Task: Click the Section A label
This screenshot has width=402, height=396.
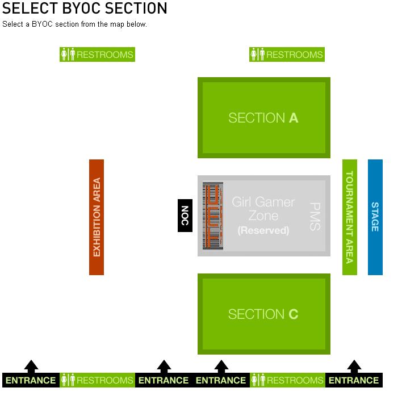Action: [x=263, y=118]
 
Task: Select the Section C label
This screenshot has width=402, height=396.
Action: [x=263, y=314]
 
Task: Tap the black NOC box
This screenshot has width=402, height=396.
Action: [x=185, y=216]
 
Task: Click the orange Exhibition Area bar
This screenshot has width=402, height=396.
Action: [x=97, y=217]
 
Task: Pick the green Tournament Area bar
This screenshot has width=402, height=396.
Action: [x=350, y=217]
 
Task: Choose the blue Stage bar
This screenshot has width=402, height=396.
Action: [x=375, y=217]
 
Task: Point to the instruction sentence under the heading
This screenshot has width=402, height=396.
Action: [x=74, y=24]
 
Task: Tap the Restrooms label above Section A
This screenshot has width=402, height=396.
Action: [x=287, y=55]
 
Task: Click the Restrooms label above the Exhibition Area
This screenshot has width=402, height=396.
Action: [x=97, y=55]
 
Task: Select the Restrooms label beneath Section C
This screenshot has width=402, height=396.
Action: [x=287, y=380]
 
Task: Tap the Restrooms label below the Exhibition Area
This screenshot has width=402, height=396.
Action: [x=97, y=380]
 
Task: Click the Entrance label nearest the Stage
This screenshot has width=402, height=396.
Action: [x=354, y=380]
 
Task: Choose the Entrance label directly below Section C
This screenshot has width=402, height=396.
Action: [x=221, y=380]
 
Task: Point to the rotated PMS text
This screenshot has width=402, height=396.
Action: [x=315, y=217]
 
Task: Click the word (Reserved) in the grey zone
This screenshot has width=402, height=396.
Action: [x=263, y=231]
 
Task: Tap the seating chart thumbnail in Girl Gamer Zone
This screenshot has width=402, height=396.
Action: [x=213, y=216]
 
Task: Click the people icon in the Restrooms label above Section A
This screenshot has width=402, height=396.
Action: [x=257, y=55]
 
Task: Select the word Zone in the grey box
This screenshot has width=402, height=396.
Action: [x=263, y=216]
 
